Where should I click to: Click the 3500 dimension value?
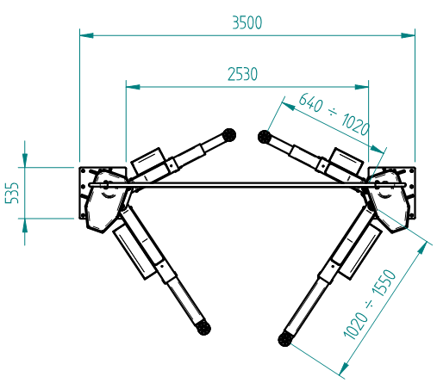click(247, 22)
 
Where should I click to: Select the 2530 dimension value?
click(242, 74)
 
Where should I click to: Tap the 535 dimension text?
click(12, 193)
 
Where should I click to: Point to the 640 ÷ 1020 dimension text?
click(334, 114)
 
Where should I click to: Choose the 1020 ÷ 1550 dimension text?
click(370, 305)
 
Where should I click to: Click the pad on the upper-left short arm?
click(229, 135)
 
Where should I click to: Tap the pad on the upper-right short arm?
click(265, 137)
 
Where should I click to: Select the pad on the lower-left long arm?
click(203, 328)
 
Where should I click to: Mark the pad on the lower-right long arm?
click(285, 339)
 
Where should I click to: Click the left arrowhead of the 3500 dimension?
click(86, 35)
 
